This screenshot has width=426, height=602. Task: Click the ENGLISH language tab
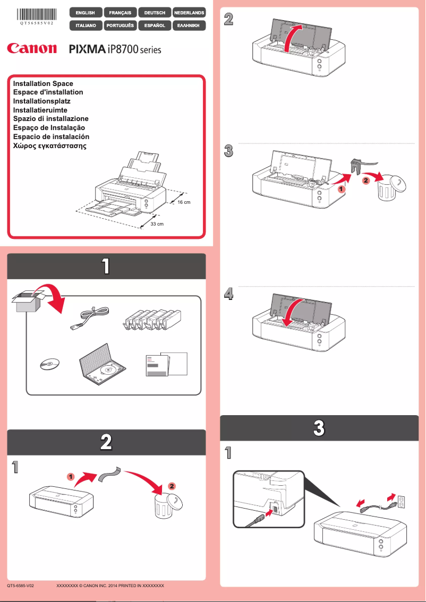[86, 12]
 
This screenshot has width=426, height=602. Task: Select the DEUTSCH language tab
[155, 12]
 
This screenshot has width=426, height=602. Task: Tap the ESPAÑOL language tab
[155, 25]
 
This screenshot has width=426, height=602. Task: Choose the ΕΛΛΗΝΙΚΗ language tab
[189, 25]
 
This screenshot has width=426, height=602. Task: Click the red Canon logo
[32, 49]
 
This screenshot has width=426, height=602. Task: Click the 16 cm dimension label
[183, 203]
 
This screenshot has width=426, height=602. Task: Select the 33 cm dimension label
[157, 224]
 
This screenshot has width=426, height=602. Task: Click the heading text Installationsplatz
[41, 101]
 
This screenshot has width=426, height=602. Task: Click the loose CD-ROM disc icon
[49, 364]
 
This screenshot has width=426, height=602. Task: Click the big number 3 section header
[318, 428]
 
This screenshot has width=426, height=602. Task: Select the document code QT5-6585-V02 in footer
[21, 585]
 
